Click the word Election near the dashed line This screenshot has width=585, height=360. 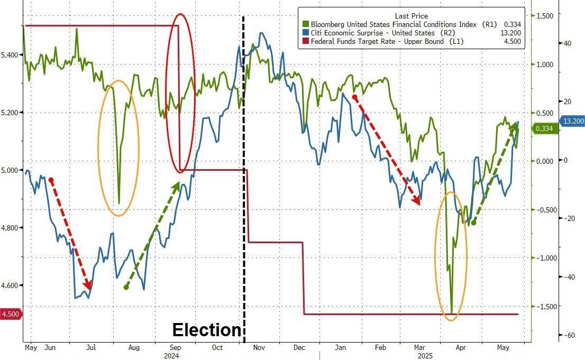(207, 330)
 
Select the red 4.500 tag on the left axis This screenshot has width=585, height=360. (11, 314)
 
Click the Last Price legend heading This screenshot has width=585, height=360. (411, 16)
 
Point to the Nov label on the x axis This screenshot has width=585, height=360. (259, 348)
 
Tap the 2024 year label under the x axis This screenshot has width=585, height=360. (171, 356)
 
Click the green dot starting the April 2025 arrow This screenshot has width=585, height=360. (473, 223)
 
